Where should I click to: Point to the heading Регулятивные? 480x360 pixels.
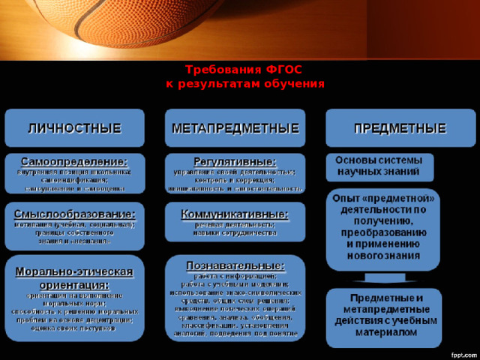(x=235, y=160)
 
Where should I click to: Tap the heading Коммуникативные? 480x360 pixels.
(x=235, y=214)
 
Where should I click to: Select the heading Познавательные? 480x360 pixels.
(x=235, y=265)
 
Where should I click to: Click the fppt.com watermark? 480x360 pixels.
(x=457, y=352)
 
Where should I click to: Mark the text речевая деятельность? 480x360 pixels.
(x=235, y=224)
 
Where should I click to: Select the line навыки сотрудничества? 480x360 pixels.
(x=235, y=233)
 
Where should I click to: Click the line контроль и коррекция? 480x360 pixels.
(x=235, y=180)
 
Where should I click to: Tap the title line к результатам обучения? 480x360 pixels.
(x=244, y=84)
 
